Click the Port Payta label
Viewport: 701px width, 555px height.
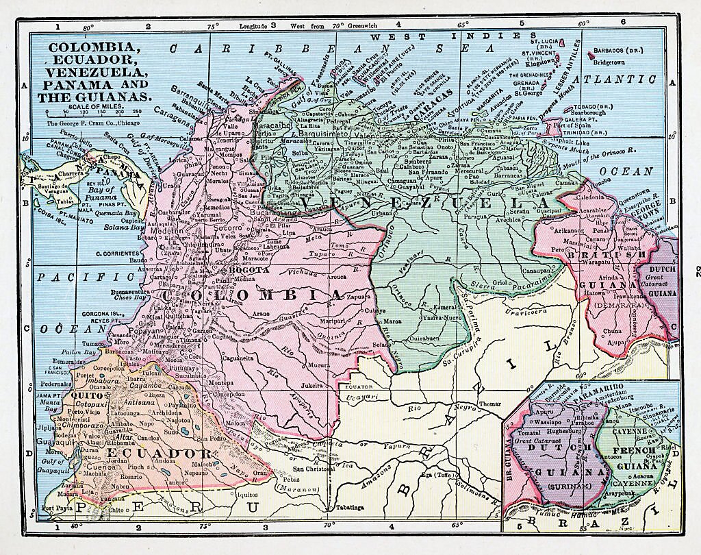point(57,508)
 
